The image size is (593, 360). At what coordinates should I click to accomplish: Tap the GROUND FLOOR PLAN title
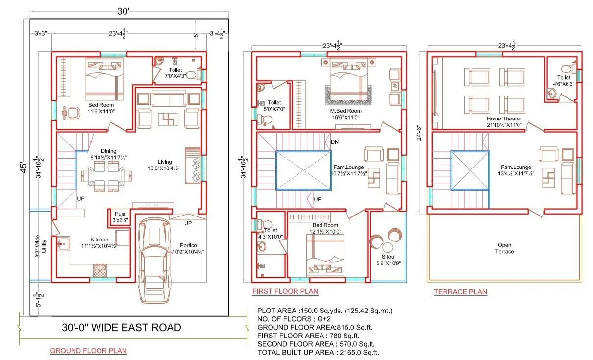click(88, 351)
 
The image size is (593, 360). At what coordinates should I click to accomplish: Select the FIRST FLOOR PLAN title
click(285, 291)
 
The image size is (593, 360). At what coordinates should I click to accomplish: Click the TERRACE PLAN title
click(460, 292)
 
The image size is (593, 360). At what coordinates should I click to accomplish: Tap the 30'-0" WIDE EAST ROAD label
click(122, 327)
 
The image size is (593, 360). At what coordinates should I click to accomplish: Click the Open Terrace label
click(505, 248)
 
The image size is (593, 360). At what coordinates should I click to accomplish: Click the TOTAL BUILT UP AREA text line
click(319, 352)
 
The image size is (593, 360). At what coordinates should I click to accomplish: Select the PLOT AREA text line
click(324, 311)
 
